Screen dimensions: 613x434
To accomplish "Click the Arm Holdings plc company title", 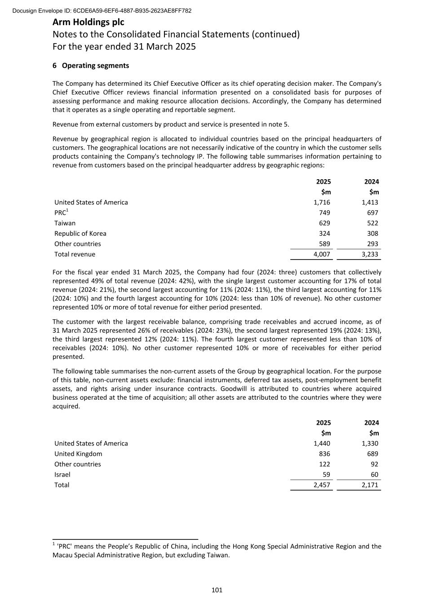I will click(x=89, y=22).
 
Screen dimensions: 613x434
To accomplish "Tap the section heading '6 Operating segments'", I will click(x=91, y=66).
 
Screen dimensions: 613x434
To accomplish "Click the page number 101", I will click(x=217, y=590).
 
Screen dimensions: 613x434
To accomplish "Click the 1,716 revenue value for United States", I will click(x=322, y=203).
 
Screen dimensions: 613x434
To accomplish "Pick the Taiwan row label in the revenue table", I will click(x=65, y=223).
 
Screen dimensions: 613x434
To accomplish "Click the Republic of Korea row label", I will click(x=80, y=234).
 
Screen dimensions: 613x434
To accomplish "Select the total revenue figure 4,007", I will click(x=322, y=255).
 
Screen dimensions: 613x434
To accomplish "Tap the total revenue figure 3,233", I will click(x=370, y=255).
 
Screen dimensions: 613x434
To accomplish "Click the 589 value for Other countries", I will click(x=324, y=244).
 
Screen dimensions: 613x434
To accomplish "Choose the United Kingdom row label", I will click(x=78, y=454).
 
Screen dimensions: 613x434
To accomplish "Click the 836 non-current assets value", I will click(x=324, y=454).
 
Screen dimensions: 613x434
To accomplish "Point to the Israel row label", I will click(x=62, y=475).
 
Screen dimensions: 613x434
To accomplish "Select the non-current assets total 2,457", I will click(x=322, y=485).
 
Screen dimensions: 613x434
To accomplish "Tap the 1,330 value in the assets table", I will click(x=370, y=444).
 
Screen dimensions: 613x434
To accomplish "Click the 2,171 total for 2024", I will click(x=370, y=485).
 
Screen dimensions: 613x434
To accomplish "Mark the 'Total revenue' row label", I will click(x=75, y=255).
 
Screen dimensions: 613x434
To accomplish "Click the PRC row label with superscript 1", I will click(x=61, y=213).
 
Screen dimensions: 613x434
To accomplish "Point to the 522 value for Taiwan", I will click(x=372, y=223).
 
